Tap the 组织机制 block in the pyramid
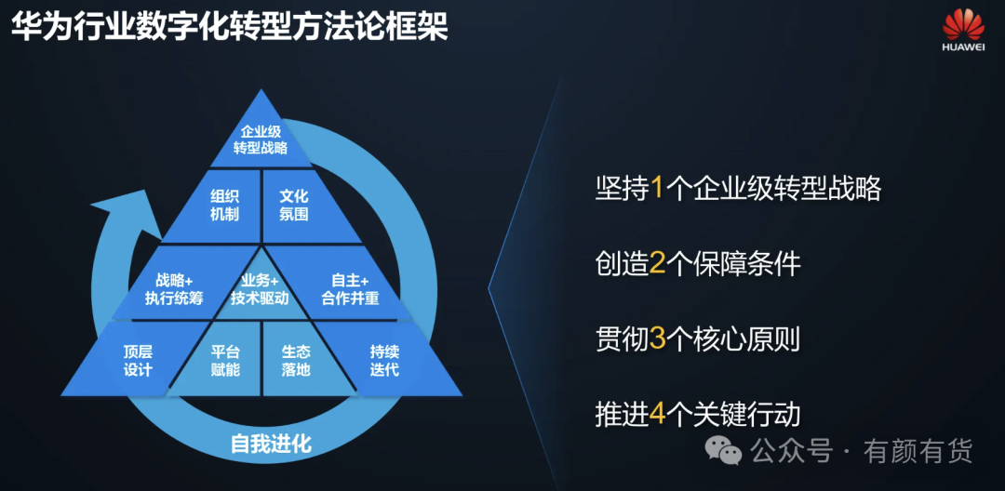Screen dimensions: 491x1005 point(224,206)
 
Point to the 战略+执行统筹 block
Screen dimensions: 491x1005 point(174,289)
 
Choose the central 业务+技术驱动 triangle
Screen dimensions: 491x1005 point(261,289)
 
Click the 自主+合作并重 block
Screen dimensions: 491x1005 point(350,289)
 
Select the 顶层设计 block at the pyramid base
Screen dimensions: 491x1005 point(137,361)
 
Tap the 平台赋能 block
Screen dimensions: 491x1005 point(225,361)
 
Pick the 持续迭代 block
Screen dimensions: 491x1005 point(384,361)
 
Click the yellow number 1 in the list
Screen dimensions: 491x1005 point(658,189)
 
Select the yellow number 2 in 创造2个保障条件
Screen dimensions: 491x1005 point(658,264)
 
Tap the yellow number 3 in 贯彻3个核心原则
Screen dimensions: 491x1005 point(658,338)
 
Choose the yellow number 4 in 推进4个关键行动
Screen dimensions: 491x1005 point(658,414)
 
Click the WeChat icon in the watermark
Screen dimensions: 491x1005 point(723,451)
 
